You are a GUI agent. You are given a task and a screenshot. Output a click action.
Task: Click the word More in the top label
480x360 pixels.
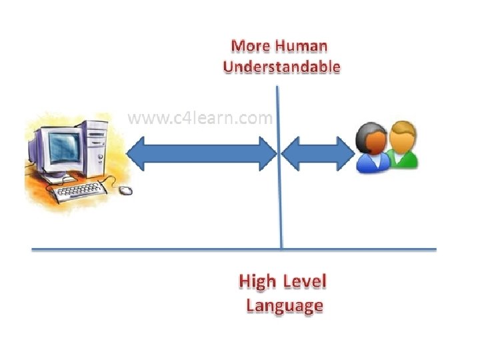[x=249, y=47]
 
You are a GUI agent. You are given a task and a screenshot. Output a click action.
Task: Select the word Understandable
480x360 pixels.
[x=281, y=67]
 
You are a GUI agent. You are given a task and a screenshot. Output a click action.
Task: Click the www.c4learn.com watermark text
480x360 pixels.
[x=199, y=119]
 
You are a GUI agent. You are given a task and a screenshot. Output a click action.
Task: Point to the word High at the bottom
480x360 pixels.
[x=257, y=281]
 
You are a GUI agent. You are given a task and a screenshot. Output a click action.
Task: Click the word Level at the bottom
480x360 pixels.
[x=305, y=281]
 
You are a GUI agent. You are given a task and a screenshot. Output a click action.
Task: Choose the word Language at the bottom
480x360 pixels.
[x=285, y=305]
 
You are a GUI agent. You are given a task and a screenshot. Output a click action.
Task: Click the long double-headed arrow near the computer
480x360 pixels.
[x=200, y=154]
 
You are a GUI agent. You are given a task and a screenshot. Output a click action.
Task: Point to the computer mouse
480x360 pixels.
[x=125, y=191]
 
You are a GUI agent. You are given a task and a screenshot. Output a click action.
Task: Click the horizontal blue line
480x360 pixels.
[x=167, y=250]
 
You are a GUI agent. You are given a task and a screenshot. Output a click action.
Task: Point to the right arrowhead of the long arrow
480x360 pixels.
[x=267, y=154]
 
